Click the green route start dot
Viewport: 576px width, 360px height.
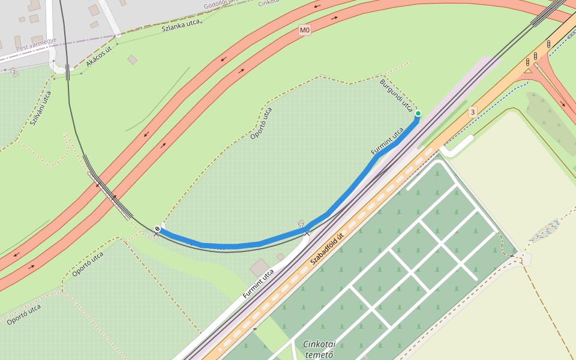(418, 113)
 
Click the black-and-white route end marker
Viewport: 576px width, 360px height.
(157, 229)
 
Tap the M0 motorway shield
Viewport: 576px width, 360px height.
(305, 30)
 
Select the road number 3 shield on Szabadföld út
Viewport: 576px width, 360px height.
(472, 112)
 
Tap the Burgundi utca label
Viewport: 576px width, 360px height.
(395, 95)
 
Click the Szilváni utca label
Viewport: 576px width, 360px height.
(41, 107)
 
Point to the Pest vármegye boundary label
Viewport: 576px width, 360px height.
(36, 44)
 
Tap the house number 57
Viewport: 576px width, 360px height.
(301, 225)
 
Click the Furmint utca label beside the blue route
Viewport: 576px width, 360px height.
(388, 142)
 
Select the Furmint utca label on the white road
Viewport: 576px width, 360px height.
(259, 284)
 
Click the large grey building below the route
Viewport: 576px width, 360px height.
(260, 268)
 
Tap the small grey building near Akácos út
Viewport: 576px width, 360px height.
(132, 59)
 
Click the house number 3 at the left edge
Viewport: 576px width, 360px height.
(14, 73)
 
